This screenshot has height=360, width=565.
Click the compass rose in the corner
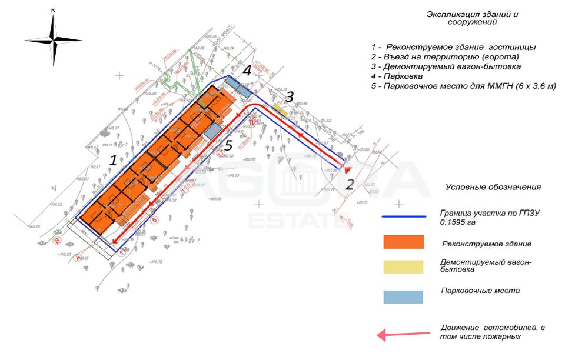53,40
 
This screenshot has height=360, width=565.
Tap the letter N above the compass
53,11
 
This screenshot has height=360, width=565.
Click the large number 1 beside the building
114,160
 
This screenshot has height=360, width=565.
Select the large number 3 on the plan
290,97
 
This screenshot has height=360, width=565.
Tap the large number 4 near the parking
247,71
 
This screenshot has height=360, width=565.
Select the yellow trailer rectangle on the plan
280,109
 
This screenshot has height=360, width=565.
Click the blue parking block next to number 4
239,86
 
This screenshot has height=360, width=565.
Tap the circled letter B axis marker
57,241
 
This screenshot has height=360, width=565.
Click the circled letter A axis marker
79,257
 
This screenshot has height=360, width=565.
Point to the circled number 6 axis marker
155,220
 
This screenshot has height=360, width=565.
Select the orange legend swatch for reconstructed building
403,242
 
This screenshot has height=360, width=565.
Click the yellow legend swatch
403,266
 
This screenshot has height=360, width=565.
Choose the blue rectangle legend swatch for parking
403,296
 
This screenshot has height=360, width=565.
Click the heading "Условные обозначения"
493,187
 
